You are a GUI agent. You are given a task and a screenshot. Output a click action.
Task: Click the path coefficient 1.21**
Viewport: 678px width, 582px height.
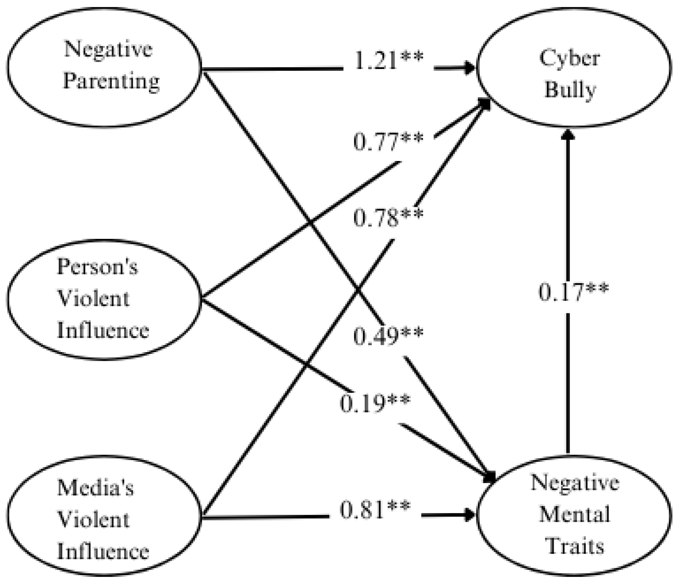[388, 61]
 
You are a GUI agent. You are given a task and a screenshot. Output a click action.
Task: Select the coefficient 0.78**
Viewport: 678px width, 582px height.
[388, 218]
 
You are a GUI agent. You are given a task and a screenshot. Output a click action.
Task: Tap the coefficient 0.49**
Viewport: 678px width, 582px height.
[388, 336]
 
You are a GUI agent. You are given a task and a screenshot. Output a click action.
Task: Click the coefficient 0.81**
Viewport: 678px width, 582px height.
[375, 510]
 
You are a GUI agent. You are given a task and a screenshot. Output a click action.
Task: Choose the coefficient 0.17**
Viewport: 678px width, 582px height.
[574, 292]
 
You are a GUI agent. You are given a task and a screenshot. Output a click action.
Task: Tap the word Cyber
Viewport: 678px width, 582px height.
[570, 58]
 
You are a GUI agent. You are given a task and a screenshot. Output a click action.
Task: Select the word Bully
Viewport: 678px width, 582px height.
[570, 90]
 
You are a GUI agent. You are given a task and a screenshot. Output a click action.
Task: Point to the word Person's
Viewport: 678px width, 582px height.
[97, 267]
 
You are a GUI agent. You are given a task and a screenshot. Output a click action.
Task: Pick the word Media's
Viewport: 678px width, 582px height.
[95, 488]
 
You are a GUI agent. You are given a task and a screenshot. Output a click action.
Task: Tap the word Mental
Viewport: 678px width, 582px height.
[575, 514]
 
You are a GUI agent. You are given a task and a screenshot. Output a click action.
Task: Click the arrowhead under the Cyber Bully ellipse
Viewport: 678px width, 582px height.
[568, 134]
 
